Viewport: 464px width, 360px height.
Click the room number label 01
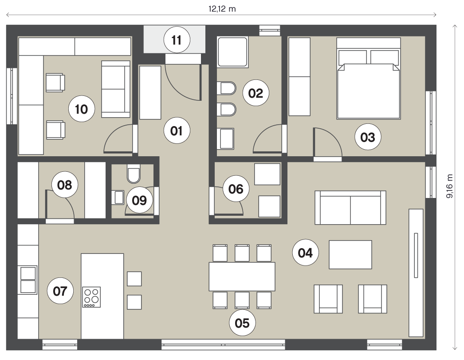point(177,131)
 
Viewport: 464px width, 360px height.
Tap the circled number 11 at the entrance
point(177,40)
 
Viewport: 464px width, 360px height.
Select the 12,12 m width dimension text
point(222,9)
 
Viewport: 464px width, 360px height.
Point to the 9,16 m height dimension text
point(449,186)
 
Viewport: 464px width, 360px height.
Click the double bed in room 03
point(369,79)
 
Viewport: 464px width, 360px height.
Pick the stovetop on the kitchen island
point(91,297)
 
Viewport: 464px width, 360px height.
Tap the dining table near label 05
point(242,277)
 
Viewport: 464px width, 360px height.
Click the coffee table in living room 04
point(350,255)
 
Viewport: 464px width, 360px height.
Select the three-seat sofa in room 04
point(350,208)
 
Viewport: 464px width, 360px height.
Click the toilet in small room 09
point(134,174)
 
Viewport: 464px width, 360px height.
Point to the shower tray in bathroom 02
point(232,52)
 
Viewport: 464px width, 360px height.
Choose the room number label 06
point(236,189)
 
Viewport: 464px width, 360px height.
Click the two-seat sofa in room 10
point(116,89)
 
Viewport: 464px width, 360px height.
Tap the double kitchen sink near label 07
point(28,280)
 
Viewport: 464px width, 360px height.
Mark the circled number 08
point(64,185)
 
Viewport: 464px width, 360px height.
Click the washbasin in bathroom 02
point(226,138)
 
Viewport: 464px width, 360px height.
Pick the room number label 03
point(368,137)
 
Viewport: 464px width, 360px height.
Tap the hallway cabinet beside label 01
point(150,93)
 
